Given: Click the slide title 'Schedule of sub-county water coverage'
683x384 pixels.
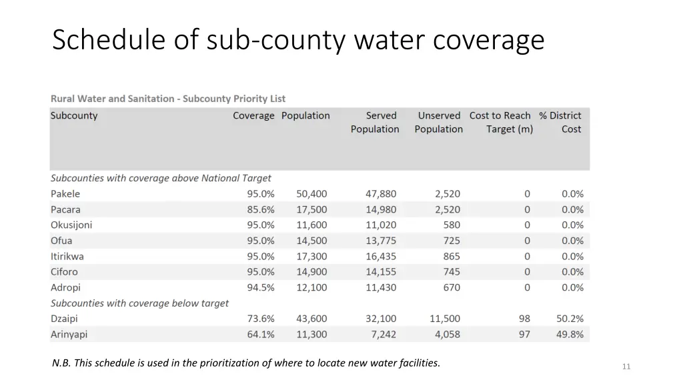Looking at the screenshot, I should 298,41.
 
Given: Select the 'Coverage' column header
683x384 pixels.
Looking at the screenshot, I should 253,116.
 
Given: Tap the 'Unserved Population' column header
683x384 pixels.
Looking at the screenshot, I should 438,123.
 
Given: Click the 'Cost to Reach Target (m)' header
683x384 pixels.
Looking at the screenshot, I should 500,123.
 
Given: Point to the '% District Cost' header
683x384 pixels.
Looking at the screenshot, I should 560,123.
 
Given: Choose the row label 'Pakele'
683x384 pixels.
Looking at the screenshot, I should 65,194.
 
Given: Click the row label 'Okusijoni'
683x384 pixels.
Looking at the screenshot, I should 71,225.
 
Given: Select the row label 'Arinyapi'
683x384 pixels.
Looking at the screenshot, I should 69,335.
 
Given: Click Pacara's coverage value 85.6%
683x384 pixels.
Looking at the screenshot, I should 261,209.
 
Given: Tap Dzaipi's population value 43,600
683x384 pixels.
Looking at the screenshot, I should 311,319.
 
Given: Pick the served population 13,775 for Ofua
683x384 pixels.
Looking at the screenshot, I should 380,241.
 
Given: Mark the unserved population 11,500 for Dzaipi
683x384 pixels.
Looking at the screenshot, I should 445,319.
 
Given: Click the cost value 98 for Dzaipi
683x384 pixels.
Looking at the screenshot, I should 524,319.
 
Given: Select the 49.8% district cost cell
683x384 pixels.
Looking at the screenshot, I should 570,335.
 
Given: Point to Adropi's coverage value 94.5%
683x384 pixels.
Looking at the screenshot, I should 261,287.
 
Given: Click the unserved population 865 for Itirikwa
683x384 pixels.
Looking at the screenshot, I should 451,256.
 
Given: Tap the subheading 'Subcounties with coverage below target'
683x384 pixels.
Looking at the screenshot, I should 139,303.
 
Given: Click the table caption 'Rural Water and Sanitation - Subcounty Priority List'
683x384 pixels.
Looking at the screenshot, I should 168,99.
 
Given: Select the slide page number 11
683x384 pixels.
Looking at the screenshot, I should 626,366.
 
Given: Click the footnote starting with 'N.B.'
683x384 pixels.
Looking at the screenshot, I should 246,363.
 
